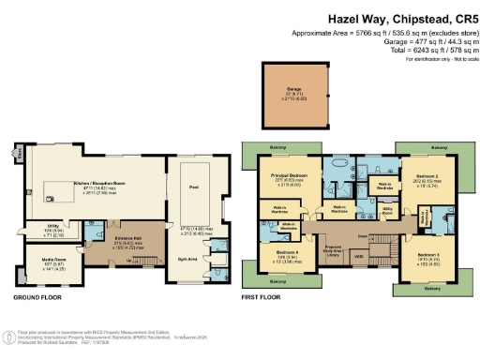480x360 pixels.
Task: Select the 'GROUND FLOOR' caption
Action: point(37,297)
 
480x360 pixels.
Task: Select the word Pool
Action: point(195,187)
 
